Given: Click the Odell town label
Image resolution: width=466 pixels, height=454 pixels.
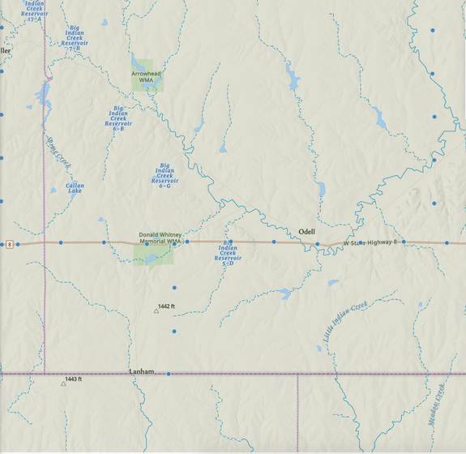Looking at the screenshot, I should click(x=307, y=231).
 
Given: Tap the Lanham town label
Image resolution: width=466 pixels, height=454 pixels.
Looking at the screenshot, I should click(x=141, y=371).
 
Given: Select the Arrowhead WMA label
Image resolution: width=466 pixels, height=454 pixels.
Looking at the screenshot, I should click(x=147, y=77).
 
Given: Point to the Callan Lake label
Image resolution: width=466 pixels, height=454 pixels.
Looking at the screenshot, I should click(x=75, y=188).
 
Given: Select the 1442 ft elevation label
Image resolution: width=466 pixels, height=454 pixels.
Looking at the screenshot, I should click(x=167, y=306).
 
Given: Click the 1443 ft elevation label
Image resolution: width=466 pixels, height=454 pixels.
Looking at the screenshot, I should click(x=74, y=379).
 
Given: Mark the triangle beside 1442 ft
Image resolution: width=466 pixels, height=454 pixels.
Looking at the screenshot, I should click(x=156, y=311).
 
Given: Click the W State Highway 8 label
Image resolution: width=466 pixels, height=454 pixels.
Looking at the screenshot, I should click(x=371, y=242).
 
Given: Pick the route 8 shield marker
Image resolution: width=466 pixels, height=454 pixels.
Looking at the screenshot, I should click(x=9, y=244).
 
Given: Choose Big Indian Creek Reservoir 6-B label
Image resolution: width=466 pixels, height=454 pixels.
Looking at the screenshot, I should click(x=119, y=118).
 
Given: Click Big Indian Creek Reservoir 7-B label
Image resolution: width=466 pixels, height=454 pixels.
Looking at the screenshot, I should click(x=75, y=37).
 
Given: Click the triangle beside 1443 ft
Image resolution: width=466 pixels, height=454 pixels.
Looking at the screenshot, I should click(x=63, y=383).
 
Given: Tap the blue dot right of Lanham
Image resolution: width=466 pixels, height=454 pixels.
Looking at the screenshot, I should click(x=169, y=374).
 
